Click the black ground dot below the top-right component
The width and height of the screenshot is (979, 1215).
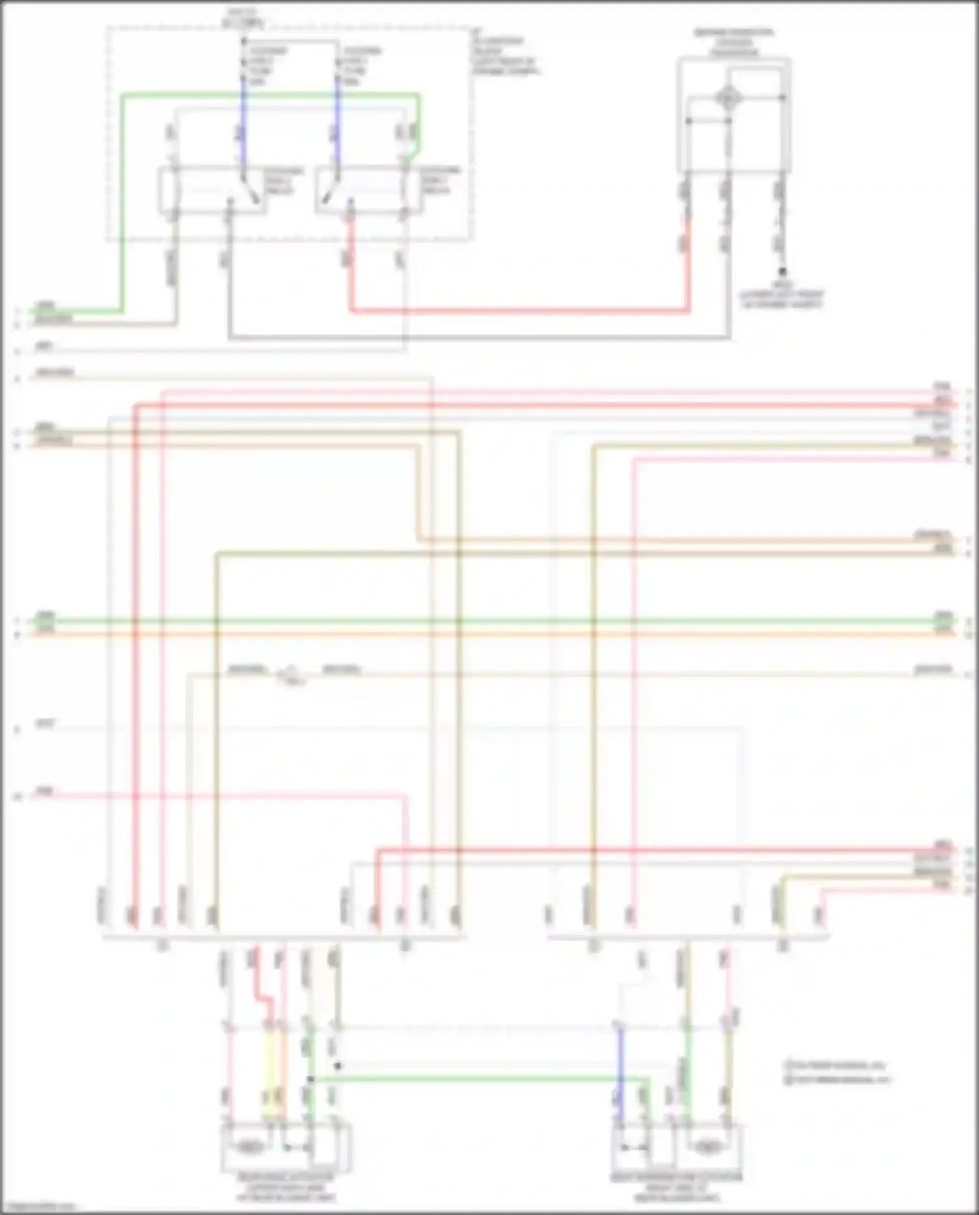pyautogui.click(x=781, y=272)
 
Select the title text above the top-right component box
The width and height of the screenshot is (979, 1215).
pyautogui.click(x=734, y=42)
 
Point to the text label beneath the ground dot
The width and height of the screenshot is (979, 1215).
pyautogui.click(x=781, y=295)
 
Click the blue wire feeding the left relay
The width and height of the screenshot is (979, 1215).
pyautogui.click(x=244, y=124)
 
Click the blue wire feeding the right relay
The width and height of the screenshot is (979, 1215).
pyautogui.click(x=338, y=124)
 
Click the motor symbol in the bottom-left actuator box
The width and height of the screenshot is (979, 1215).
pyautogui.click(x=248, y=1146)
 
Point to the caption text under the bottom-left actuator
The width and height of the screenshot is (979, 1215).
pyautogui.click(x=285, y=1187)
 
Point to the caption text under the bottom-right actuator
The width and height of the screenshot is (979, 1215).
pyautogui.click(x=676, y=1187)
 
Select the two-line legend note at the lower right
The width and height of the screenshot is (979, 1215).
pyautogui.click(x=837, y=1073)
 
